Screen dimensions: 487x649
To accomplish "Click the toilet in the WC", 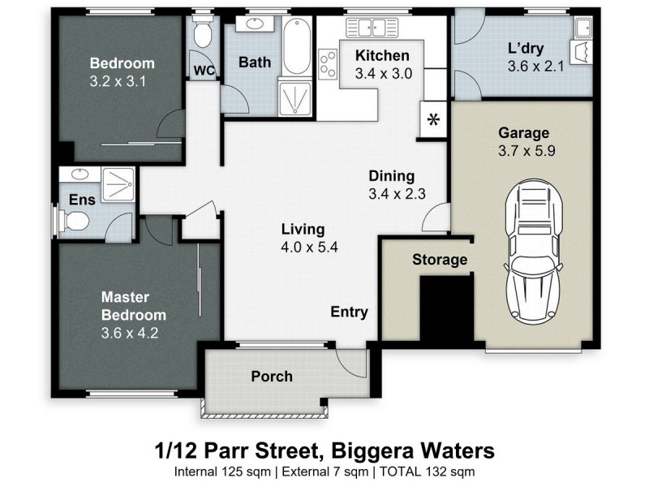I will coord(203,34).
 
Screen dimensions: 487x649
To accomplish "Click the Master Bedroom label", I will coord(133,306).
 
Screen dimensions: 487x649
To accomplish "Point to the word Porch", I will coord(271,377).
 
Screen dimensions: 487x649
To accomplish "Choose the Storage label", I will coord(440,260).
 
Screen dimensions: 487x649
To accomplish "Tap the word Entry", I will coord(349,312).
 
